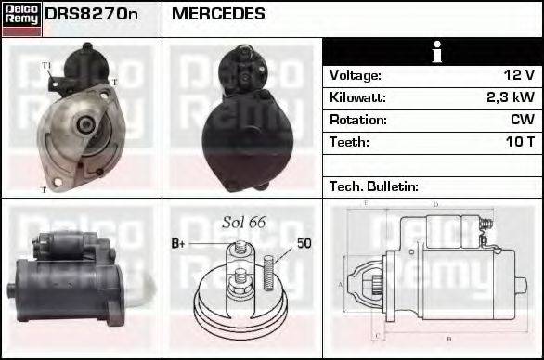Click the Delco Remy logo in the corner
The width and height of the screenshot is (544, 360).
[21, 19]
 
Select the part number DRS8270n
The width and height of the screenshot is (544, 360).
[91, 15]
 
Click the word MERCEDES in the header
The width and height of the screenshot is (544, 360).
[218, 15]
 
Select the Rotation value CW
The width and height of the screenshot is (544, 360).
[522, 120]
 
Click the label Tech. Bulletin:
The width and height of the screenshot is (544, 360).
[374, 186]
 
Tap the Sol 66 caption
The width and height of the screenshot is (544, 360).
[244, 223]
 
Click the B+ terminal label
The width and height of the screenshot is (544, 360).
[179, 244]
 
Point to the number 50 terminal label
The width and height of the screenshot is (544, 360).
[304, 244]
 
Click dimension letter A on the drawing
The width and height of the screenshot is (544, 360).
[341, 285]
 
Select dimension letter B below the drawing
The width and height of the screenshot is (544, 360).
[449, 339]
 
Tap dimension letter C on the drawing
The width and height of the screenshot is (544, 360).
[375, 334]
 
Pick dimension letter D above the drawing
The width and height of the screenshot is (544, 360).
[435, 205]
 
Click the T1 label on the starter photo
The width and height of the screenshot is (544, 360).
[47, 65]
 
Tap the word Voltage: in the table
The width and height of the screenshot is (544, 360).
[356, 75]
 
